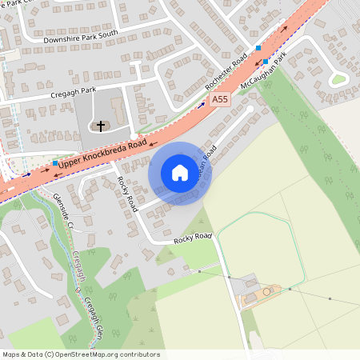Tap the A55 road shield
coord(221,99)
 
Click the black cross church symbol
coord(101,126)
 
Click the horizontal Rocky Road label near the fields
coord(193,238)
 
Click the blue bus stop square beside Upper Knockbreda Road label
coord(54,164)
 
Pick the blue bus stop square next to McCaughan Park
coord(266,62)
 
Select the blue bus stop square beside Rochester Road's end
coord(258,48)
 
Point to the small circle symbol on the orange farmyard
coord(267,292)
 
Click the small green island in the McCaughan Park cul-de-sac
coord(339,78)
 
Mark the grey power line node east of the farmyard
coord(329,298)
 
